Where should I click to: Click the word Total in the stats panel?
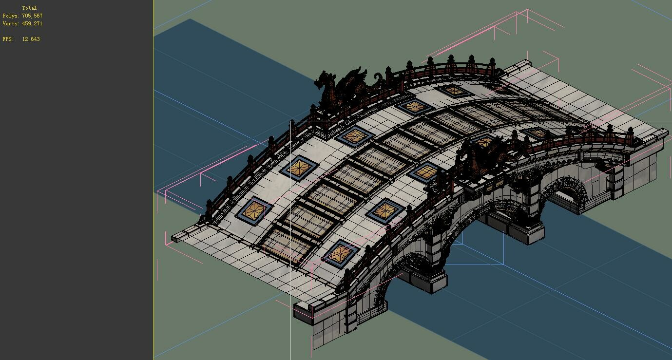point(29,8)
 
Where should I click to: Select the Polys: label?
point(11,16)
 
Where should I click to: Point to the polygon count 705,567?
point(32,16)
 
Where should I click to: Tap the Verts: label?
point(11,23)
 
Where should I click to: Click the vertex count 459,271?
point(32,23)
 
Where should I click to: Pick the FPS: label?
point(8,39)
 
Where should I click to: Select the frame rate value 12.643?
point(31,39)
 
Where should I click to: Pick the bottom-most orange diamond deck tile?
point(341,253)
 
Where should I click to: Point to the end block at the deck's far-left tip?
point(176,238)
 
